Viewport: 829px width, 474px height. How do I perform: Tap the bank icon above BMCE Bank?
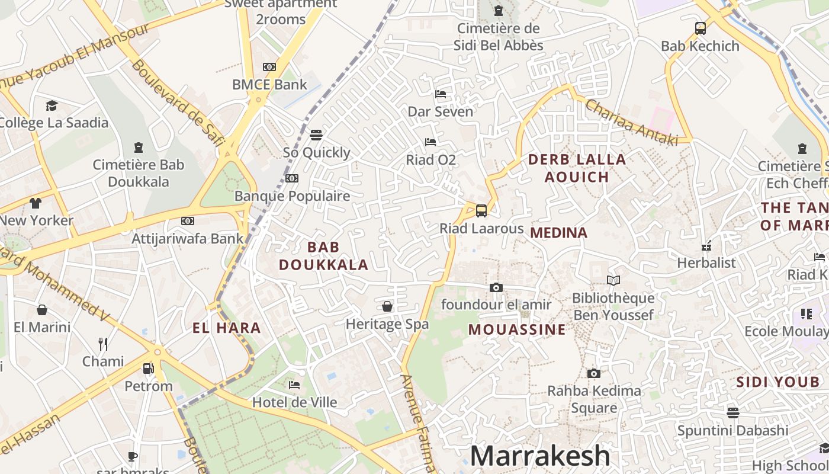269,67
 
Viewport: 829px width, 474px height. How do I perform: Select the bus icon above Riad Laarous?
481,211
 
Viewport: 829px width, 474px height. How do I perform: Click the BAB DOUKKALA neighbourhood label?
323,256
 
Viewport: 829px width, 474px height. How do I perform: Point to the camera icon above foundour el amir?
496,288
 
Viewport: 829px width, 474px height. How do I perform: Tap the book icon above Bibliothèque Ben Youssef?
613,280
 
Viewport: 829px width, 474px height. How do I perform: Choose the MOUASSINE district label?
517,330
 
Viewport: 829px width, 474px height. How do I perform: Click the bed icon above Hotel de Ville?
294,385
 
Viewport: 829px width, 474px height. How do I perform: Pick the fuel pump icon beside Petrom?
148,369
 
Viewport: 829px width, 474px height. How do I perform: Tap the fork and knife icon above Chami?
103,344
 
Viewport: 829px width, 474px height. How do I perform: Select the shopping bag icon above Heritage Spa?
387,306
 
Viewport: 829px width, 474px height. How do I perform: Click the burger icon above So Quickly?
316,135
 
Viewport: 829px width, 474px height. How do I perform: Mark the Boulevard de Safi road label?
177,102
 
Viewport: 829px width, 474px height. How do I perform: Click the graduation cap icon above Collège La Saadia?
52,105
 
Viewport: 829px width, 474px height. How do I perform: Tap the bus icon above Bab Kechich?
700,28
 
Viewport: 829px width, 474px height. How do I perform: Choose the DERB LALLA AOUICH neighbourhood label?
577,168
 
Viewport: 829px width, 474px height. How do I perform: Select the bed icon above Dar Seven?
440,94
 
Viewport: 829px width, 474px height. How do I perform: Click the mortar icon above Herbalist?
706,245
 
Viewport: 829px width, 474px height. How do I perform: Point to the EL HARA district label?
227,328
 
